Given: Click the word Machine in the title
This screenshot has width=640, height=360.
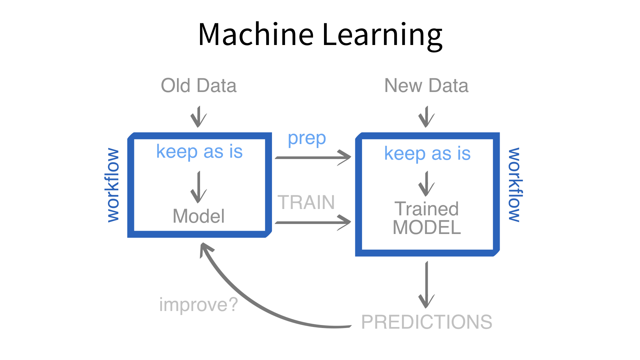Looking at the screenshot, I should click(256, 34).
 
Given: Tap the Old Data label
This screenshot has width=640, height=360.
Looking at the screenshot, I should click(199, 86).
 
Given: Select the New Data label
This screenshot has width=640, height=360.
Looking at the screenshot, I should click(426, 86).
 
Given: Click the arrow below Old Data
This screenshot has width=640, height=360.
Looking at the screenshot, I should click(199, 117).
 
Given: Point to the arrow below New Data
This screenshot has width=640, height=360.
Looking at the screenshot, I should click(426, 117).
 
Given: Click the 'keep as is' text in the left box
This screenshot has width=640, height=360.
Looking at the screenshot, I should click(199, 152).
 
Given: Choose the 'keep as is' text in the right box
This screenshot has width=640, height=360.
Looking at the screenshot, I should click(427, 154).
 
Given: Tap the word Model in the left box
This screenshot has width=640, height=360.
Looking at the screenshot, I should click(199, 216).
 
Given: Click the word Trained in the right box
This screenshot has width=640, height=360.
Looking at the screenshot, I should click(427, 209).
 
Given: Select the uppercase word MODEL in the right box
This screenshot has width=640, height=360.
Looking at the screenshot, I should click(427, 228).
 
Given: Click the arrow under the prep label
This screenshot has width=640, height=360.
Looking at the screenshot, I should click(313, 157).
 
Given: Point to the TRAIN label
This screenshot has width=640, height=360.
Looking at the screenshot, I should click(306, 202).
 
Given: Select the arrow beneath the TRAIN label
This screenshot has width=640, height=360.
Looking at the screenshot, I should click(313, 222).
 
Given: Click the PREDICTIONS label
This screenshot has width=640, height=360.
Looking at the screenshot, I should click(427, 322).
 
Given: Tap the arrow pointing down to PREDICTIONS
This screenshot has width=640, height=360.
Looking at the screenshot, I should click(426, 285).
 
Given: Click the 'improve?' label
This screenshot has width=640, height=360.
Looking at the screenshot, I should click(199, 305).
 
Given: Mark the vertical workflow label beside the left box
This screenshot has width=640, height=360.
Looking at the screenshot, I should click(113, 185).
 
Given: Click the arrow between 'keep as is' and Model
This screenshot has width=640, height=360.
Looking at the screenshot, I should click(199, 187).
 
